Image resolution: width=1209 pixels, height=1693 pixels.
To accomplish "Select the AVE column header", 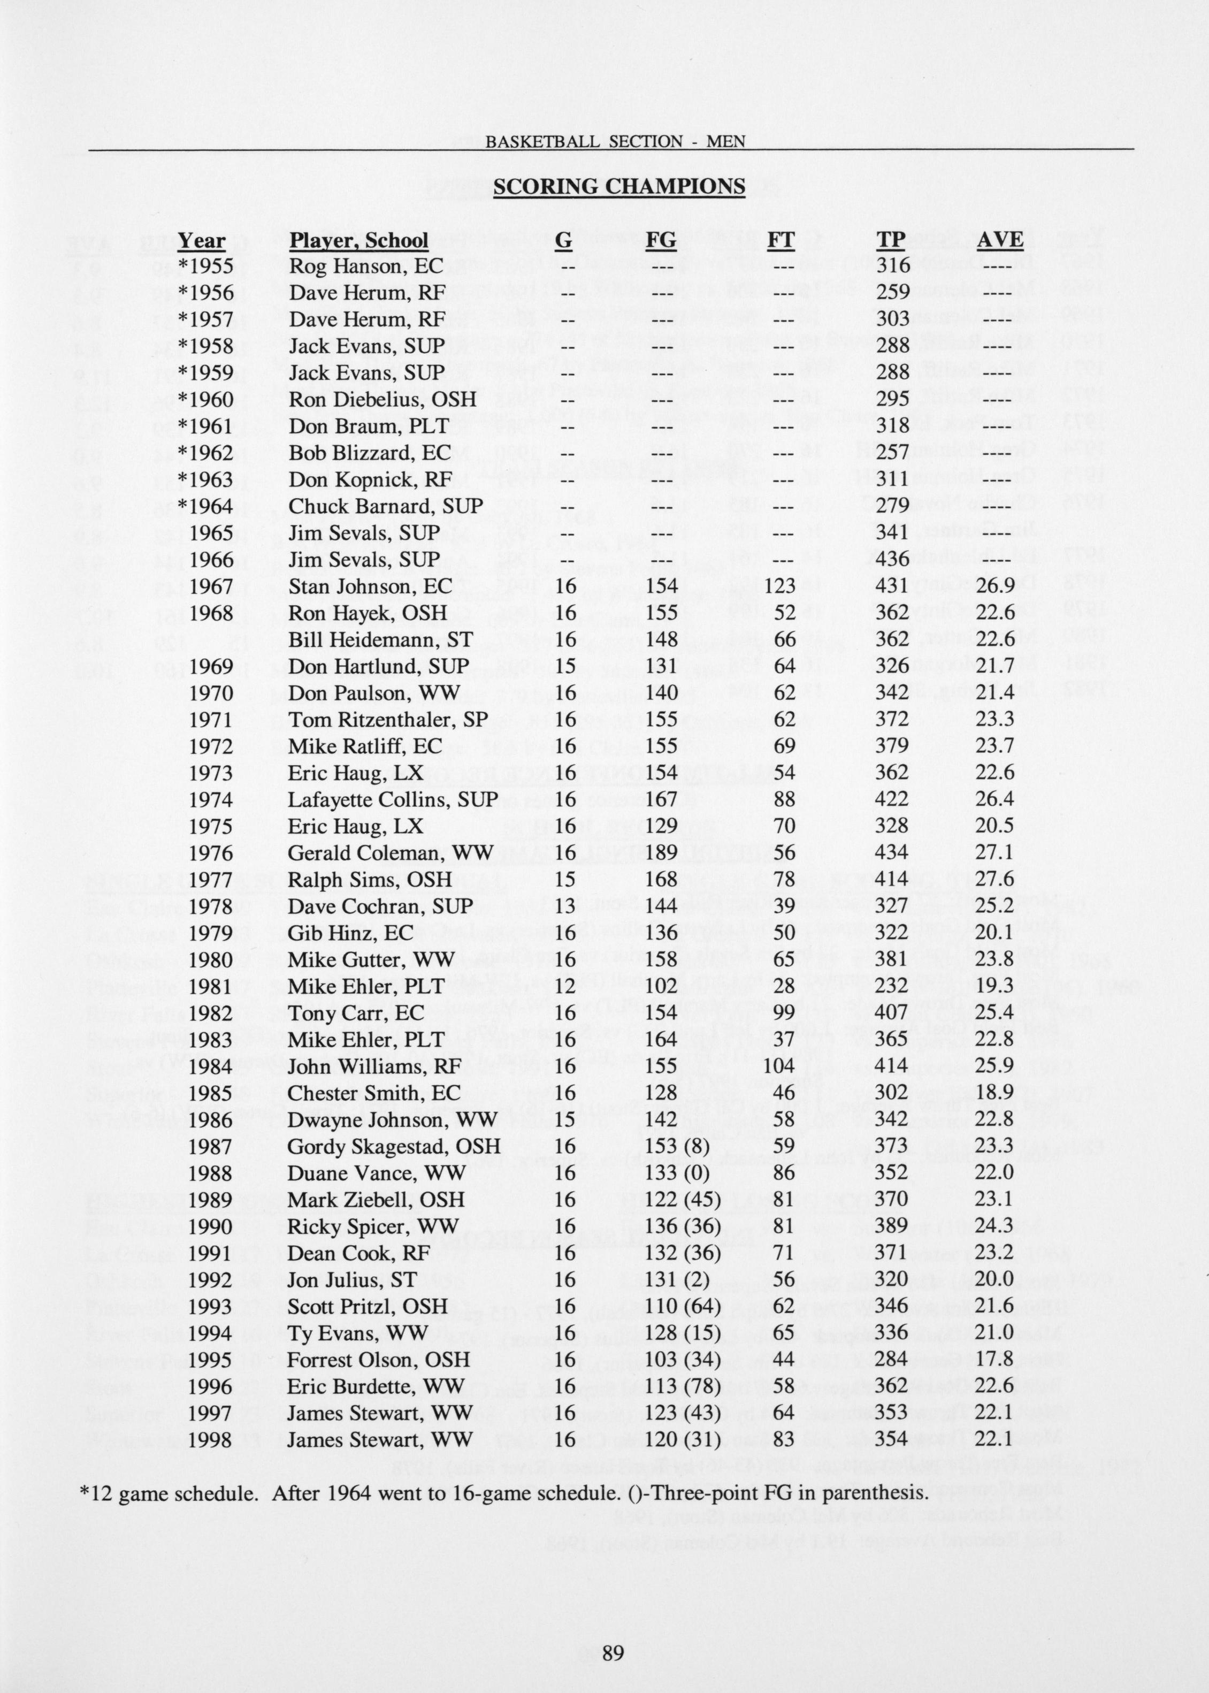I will [1000, 240].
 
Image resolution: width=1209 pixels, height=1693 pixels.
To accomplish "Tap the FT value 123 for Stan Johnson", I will [780, 586].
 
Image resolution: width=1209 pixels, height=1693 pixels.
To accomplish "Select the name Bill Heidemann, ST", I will [380, 639].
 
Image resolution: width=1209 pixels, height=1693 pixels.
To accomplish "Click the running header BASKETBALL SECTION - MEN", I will [615, 141].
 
